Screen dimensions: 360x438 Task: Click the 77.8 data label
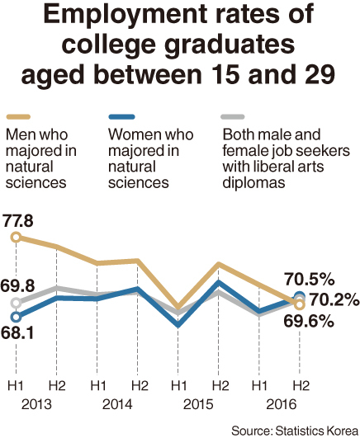[x=18, y=220]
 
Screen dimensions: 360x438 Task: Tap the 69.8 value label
[x=17, y=285]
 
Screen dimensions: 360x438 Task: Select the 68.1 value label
[x=17, y=333]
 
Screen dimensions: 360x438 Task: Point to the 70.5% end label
[x=310, y=279]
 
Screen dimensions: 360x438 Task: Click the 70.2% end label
[x=334, y=299]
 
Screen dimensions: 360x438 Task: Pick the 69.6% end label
[x=309, y=321]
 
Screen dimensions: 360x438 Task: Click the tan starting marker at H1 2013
[x=17, y=238]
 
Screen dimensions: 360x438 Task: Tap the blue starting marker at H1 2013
[x=16, y=317]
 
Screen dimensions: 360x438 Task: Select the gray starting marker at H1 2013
[x=16, y=303]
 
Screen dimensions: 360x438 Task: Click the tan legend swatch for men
[x=18, y=117]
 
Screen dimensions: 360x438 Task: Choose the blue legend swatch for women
[x=121, y=117]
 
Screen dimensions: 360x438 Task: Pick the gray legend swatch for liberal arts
[x=233, y=117]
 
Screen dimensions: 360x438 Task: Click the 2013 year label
[x=36, y=404]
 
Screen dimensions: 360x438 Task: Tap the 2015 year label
[x=198, y=404]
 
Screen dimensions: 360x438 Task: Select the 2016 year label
[x=281, y=404]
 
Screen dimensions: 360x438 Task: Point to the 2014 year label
[x=117, y=404]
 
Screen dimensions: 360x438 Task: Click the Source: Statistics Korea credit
[x=295, y=431]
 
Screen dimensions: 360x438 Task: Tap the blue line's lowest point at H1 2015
[x=178, y=326]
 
